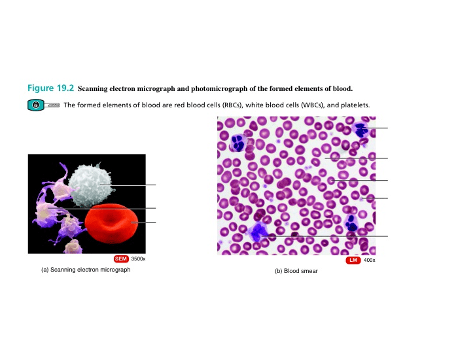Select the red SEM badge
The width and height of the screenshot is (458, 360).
tap(121, 259)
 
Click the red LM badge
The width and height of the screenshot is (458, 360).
tap(353, 261)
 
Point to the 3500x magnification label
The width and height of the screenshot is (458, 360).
tap(138, 259)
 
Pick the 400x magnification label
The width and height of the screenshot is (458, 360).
tap(369, 261)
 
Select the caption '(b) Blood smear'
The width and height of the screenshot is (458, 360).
tap(296, 271)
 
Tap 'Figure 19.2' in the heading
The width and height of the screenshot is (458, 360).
tap(51, 88)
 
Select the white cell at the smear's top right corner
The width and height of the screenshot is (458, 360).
tap(361, 128)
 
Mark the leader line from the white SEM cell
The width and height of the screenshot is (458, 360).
tap(128, 185)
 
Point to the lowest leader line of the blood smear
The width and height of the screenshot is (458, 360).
tap(327, 236)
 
